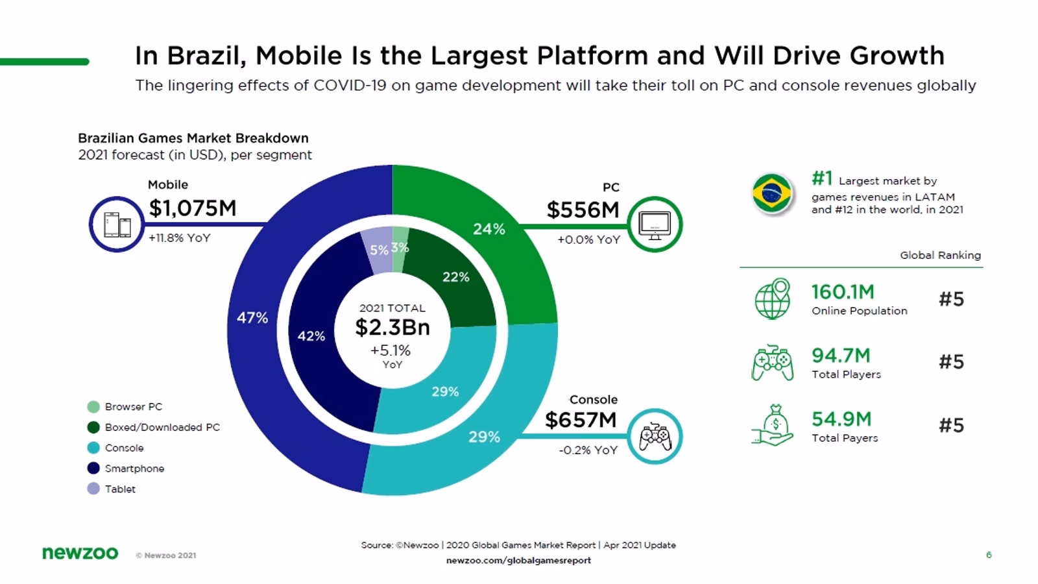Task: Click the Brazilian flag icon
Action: [771, 193]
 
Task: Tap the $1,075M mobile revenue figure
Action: [193, 208]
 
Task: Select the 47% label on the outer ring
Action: [252, 318]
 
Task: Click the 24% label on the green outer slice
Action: [489, 229]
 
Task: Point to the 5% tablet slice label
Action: [379, 250]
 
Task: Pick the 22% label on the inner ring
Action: [455, 277]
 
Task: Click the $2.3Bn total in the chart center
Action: [392, 328]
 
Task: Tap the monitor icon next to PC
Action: [655, 225]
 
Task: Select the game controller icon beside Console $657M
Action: [655, 436]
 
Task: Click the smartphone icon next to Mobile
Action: [117, 225]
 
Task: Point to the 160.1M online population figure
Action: [843, 292]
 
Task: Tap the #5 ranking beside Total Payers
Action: [951, 426]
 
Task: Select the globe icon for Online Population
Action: [772, 299]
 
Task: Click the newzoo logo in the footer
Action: [80, 554]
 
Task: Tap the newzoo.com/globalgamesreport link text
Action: [518, 560]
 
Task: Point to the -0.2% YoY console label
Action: [588, 450]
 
